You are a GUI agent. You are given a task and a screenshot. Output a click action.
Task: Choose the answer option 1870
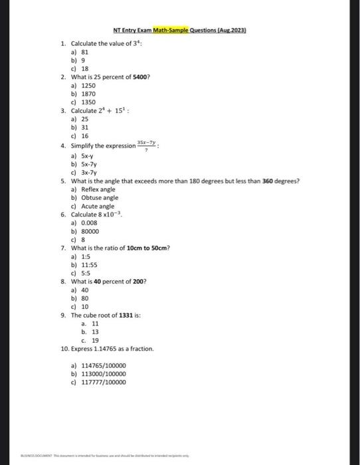88,94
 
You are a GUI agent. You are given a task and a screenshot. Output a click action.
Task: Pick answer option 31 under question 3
84,127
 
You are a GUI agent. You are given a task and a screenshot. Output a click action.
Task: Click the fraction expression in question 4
146,143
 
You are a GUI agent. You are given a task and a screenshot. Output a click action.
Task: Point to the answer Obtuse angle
100,197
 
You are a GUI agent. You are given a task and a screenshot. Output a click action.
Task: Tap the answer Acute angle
98,206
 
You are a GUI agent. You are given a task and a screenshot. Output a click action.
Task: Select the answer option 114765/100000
103,365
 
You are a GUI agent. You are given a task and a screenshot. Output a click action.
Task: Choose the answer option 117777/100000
103,382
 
